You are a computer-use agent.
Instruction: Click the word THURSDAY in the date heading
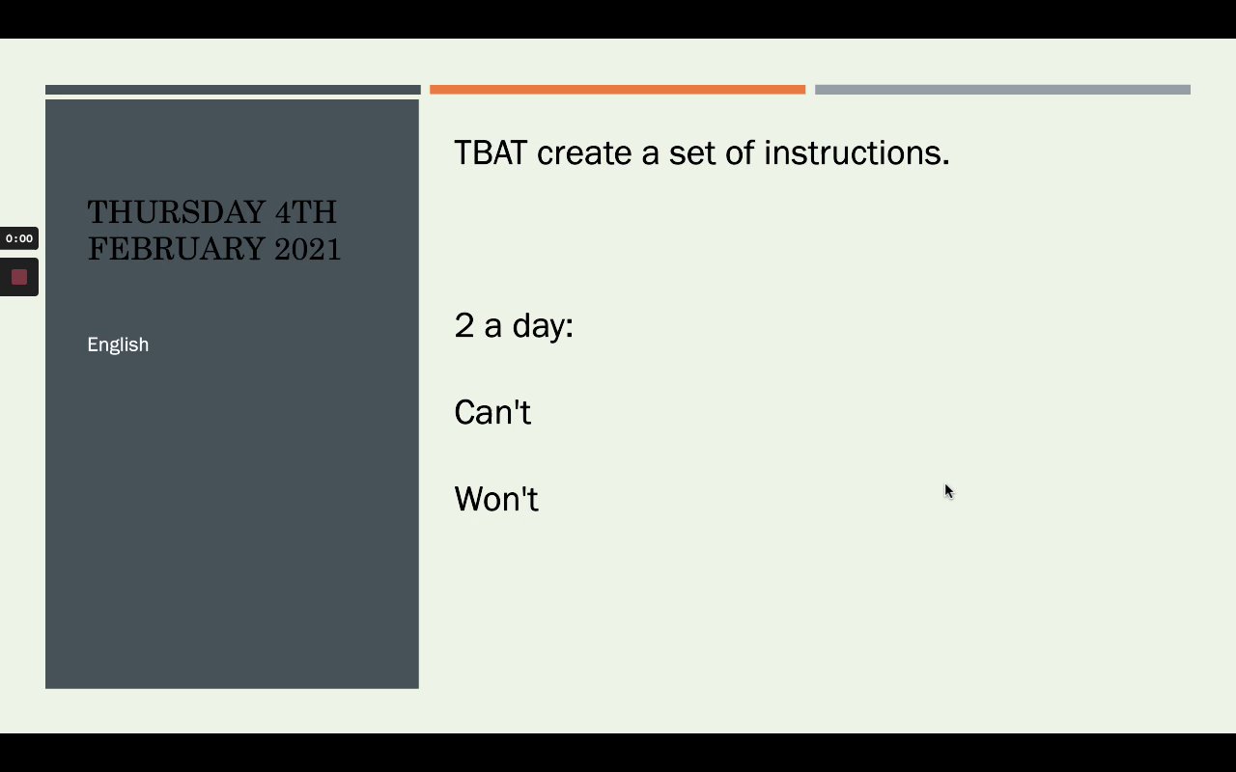176,211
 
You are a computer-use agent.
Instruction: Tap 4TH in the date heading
306,211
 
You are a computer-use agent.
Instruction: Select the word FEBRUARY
176,249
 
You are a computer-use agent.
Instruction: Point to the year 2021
307,249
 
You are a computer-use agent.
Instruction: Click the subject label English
118,345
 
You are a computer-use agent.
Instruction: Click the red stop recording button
19,277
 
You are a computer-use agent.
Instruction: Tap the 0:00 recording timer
19,238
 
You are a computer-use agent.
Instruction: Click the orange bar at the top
617,90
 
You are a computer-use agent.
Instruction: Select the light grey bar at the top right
1002,90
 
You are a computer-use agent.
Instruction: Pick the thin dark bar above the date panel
233,90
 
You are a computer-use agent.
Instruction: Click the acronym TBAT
491,152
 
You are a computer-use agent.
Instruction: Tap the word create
584,153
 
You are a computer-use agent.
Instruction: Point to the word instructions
857,152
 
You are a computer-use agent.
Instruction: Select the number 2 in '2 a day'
464,325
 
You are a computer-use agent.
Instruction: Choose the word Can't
492,412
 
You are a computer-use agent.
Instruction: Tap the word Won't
496,499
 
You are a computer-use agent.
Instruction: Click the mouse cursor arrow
949,491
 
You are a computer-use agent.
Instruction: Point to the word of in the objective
740,152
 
